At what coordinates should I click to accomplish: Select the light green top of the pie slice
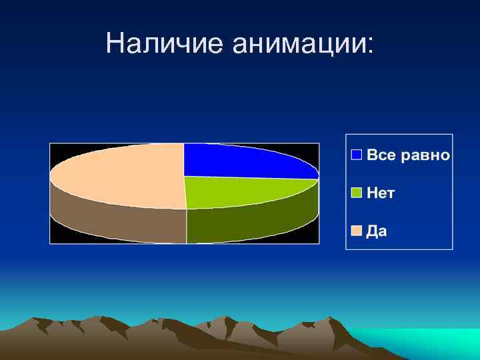pyautogui.click(x=240, y=192)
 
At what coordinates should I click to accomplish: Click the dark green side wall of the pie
pyautogui.click(x=253, y=223)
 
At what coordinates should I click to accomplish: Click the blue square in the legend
pyautogui.click(x=357, y=155)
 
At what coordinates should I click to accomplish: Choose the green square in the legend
pyautogui.click(x=357, y=193)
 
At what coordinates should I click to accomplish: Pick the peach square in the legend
pyautogui.click(x=357, y=231)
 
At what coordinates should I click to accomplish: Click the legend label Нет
pyautogui.click(x=381, y=193)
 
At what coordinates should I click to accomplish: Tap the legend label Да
pyautogui.click(x=377, y=231)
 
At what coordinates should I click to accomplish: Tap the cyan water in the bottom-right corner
pyautogui.click(x=433, y=343)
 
